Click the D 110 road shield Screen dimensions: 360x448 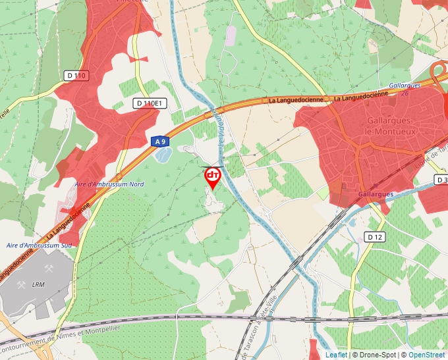pyautogui.click(x=76, y=76)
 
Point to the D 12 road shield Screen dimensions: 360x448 pyautogui.click(x=375, y=236)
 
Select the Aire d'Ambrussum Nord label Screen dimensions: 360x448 pyautogui.click(x=109, y=184)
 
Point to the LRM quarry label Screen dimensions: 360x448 pyautogui.click(x=38, y=284)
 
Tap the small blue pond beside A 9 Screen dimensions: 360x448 pyautogui.click(x=163, y=155)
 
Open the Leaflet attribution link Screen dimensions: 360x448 pyautogui.click(x=336, y=355)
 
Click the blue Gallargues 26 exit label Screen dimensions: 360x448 pyautogui.click(x=399, y=89)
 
